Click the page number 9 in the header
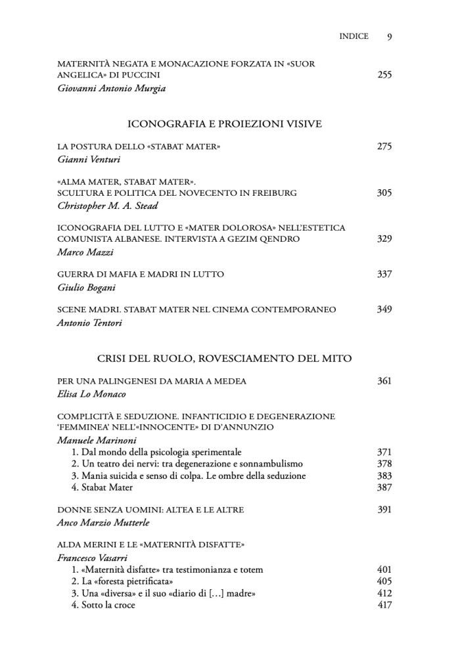(x=390, y=36)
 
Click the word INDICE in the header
(x=354, y=36)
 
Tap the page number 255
(x=384, y=75)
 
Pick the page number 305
(x=384, y=192)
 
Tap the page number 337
(x=384, y=273)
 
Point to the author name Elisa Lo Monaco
(x=92, y=395)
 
